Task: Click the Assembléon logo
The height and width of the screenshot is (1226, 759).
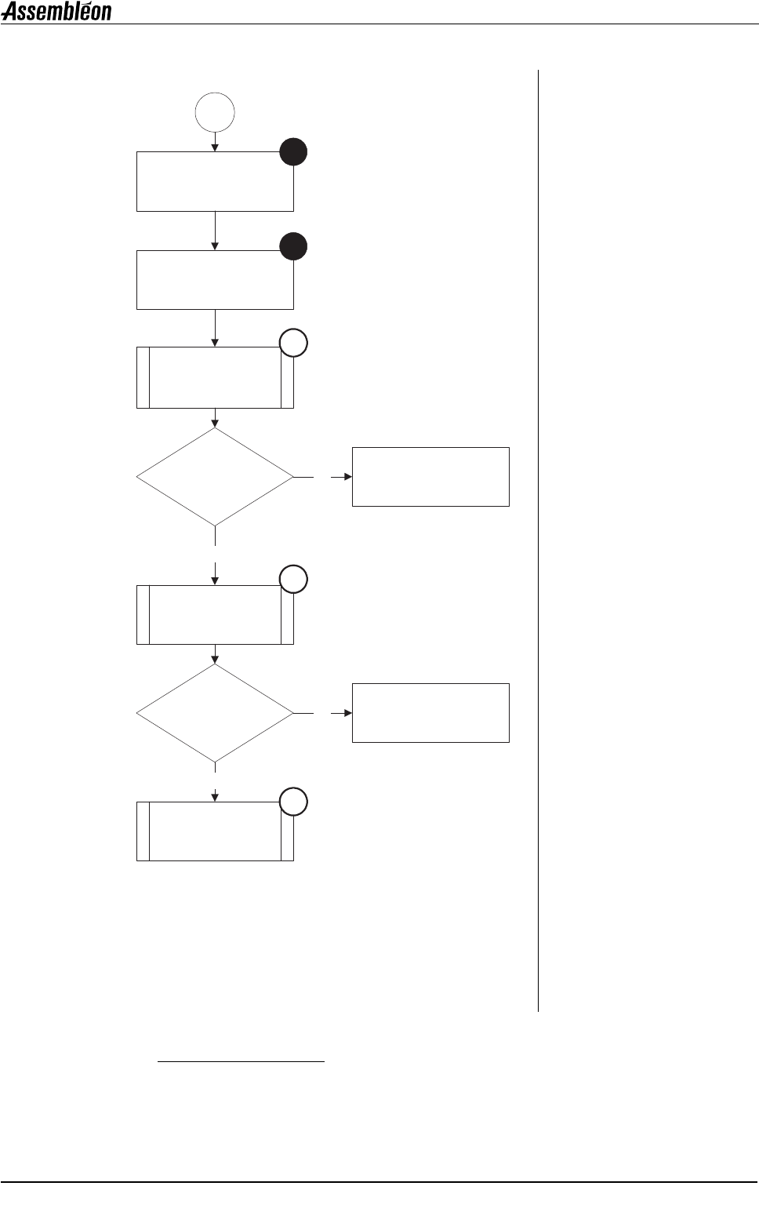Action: (56, 12)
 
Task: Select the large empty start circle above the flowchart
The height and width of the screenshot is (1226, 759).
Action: (215, 112)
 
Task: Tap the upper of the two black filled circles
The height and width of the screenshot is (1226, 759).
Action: (293, 152)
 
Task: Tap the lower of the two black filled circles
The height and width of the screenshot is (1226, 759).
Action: (293, 246)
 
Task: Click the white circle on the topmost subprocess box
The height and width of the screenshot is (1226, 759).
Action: (293, 344)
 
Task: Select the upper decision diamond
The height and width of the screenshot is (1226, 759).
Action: (215, 476)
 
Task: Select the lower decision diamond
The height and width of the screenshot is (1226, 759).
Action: (215, 713)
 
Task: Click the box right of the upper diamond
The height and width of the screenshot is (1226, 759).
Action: (430, 477)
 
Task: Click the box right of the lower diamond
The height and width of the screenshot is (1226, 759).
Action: (430, 713)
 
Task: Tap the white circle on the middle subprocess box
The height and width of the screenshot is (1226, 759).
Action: (293, 580)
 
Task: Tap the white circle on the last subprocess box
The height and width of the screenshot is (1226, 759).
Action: (293, 802)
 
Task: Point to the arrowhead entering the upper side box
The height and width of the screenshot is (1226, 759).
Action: (347, 477)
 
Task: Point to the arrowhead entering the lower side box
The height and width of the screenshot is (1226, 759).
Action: (347, 713)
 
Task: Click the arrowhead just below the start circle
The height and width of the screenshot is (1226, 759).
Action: (215, 147)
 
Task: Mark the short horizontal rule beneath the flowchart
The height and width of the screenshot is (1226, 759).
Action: (241, 1062)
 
